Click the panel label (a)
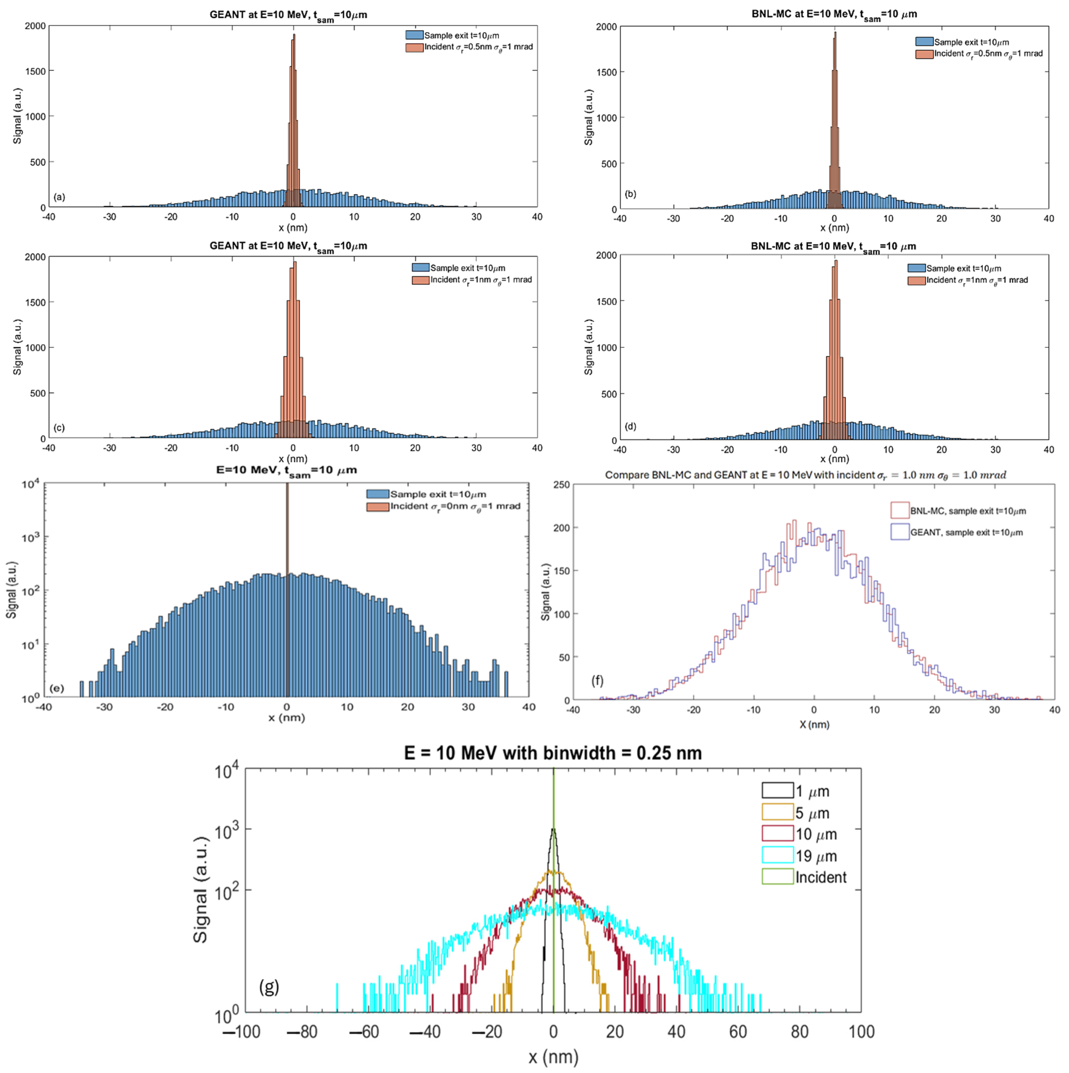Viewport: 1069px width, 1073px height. (59, 197)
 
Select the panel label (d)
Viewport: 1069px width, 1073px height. (631, 426)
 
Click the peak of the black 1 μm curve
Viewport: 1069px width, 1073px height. (553, 830)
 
